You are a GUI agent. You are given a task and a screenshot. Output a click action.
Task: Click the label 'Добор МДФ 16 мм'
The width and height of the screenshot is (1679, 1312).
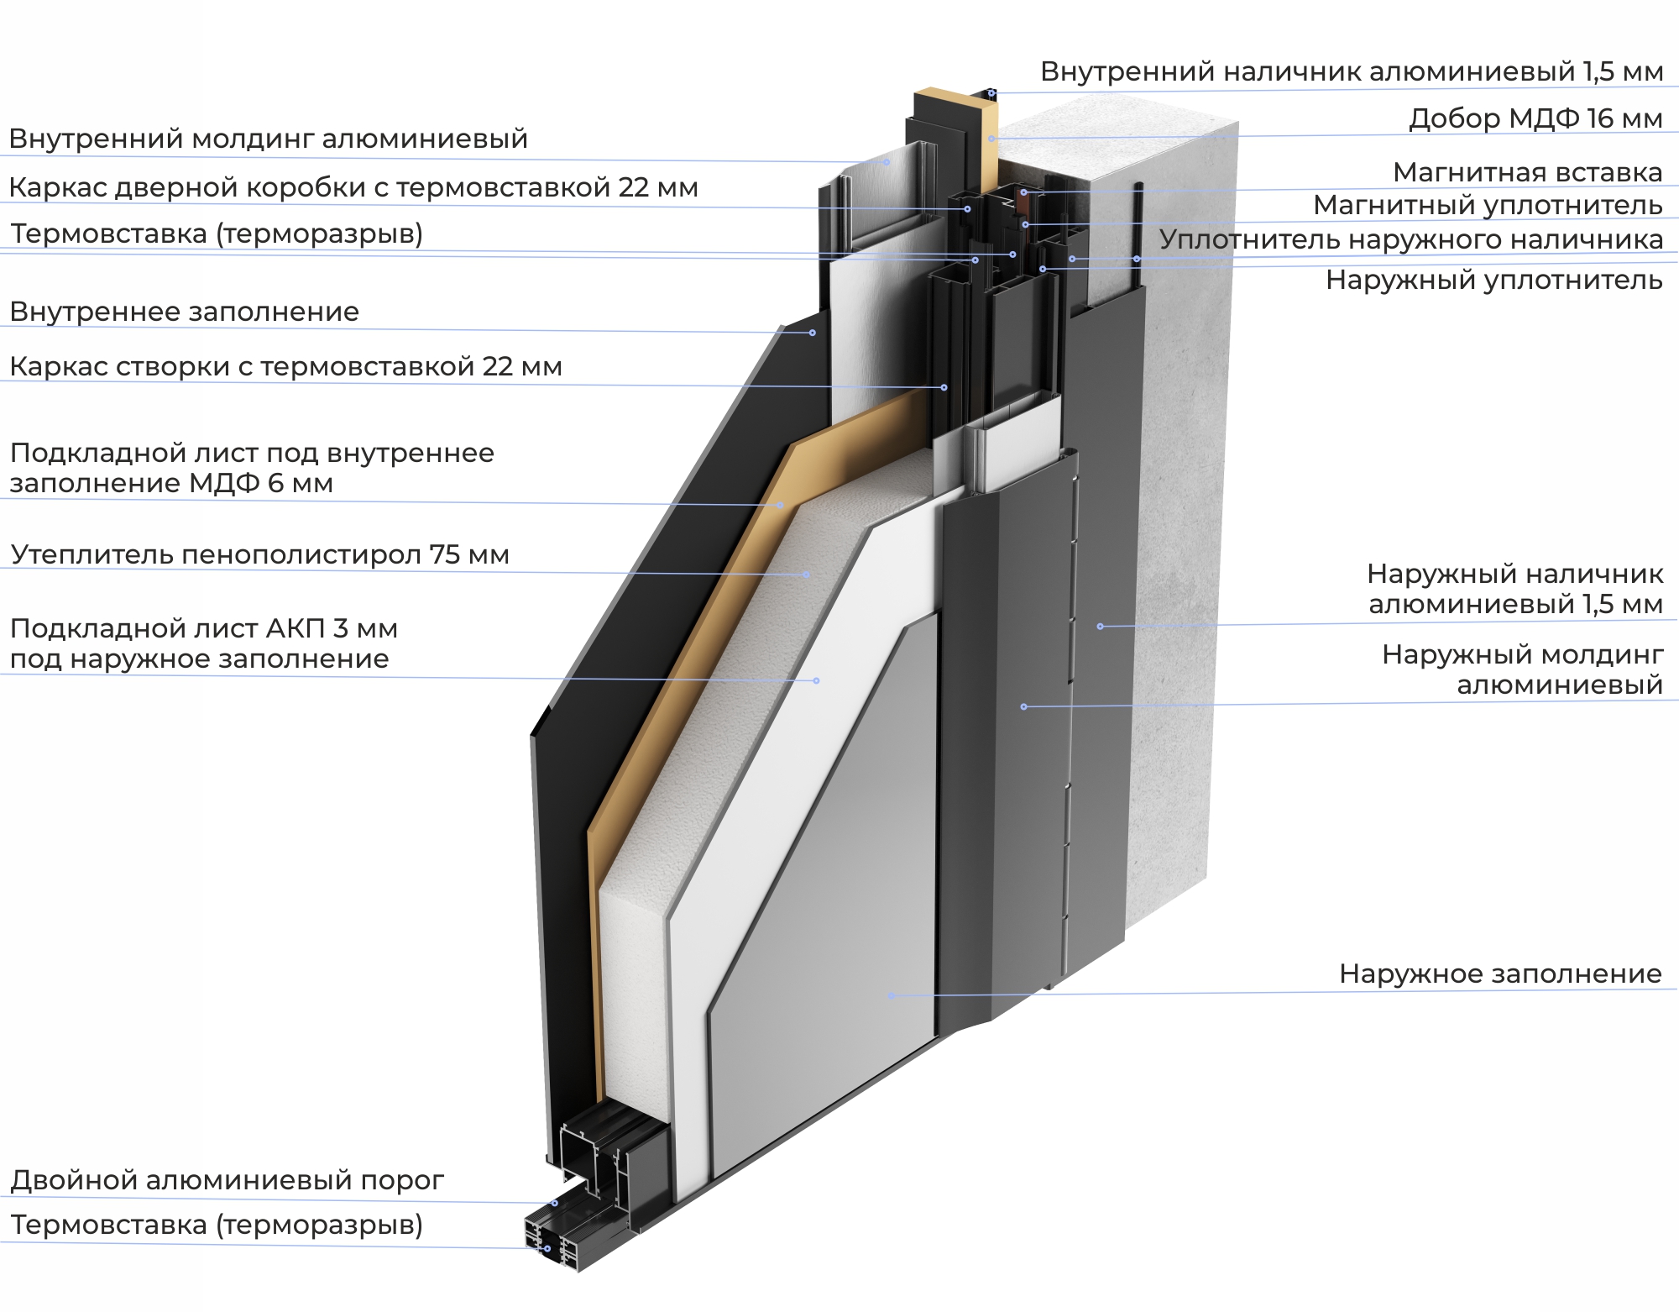pos(1535,118)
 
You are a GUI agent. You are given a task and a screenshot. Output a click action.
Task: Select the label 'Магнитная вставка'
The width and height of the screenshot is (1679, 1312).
pos(1527,172)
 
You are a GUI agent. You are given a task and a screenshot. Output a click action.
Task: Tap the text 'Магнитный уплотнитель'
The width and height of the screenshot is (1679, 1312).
pos(1488,205)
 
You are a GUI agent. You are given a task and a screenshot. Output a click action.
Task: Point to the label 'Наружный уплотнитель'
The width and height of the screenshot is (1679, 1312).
pos(1493,280)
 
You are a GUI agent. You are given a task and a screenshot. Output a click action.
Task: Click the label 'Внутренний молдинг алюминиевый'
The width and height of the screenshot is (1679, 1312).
pos(269,139)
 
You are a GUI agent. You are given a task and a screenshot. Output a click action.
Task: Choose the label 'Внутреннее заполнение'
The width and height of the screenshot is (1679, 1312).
pos(185,312)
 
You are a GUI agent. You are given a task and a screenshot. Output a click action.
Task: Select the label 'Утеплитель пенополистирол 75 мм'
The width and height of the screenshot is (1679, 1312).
pos(260,554)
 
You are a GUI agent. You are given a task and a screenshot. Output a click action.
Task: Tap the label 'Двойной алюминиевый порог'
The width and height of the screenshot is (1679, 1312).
pos(227,1180)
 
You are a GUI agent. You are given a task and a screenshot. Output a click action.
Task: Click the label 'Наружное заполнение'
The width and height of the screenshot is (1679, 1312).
pos(1500,974)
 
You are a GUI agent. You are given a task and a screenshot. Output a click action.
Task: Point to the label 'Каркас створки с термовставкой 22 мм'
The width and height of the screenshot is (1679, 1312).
pos(285,366)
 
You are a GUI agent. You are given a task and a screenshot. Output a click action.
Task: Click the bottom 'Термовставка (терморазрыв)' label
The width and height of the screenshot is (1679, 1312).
pos(217,1225)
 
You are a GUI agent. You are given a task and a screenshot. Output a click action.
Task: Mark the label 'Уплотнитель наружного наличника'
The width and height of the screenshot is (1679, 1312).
pos(1410,239)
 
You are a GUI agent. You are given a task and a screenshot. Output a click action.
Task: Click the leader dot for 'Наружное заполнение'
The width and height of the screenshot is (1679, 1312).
pos(892,996)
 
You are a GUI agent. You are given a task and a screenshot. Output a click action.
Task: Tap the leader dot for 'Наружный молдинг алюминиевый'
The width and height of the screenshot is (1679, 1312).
pos(1023,707)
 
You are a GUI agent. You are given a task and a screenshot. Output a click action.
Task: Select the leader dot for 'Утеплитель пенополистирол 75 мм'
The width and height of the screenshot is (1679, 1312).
pos(807,575)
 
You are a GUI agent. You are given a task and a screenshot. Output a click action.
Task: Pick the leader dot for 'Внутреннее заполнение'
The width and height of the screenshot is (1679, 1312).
pos(812,333)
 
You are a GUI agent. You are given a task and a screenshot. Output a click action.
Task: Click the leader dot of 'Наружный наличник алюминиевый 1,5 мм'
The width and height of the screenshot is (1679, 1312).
pos(1100,627)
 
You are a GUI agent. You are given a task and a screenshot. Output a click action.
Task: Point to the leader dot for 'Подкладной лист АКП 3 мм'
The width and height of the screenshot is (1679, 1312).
pos(817,680)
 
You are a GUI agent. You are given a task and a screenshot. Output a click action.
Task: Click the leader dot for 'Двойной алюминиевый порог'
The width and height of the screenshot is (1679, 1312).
pos(555,1204)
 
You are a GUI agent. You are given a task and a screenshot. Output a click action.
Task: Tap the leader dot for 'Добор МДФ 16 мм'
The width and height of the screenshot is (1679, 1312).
pos(991,139)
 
